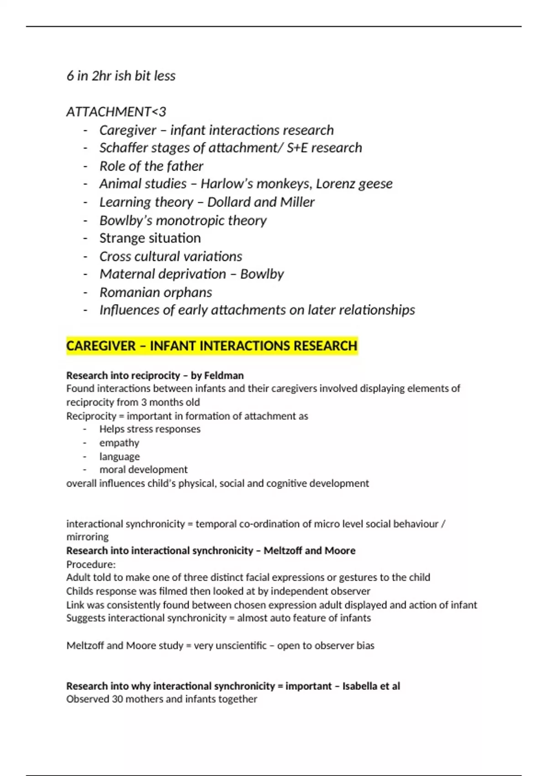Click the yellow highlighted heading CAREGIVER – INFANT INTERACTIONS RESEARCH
(211, 346)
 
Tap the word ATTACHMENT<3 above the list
(116, 112)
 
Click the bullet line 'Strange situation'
(150, 238)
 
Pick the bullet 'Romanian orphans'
(156, 292)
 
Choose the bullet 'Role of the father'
(151, 166)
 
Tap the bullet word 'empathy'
(119, 443)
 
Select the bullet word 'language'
(120, 456)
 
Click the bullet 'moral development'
(143, 470)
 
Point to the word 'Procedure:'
(91, 564)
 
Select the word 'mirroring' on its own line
(87, 537)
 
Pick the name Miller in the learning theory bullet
(297, 202)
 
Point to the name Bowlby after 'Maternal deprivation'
(262, 274)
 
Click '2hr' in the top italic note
(101, 76)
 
